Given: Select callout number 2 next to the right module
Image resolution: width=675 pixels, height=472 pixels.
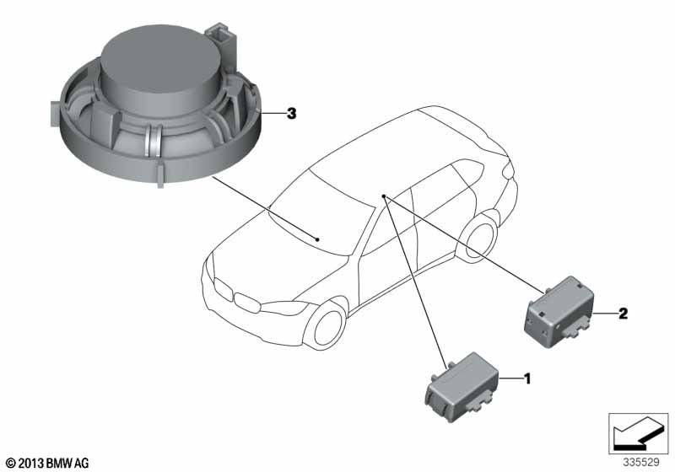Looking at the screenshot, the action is pyautogui.click(x=623, y=314).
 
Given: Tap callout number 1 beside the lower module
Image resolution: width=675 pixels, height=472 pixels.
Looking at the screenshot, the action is pyautogui.click(x=526, y=378).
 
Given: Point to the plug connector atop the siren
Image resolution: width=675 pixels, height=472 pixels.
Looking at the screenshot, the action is pyautogui.click(x=221, y=35).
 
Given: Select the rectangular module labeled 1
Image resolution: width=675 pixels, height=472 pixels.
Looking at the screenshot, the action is pyautogui.click(x=462, y=386).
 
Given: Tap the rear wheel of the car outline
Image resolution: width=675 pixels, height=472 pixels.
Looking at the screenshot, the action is pyautogui.click(x=478, y=237).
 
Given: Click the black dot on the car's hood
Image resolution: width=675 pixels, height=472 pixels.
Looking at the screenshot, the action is pyautogui.click(x=317, y=239).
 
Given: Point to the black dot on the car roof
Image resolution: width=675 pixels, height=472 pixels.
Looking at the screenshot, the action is pyautogui.click(x=384, y=196).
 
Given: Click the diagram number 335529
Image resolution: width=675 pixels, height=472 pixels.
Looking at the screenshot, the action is pyautogui.click(x=641, y=463).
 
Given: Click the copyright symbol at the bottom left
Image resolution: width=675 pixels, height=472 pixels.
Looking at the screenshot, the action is pyautogui.click(x=11, y=464).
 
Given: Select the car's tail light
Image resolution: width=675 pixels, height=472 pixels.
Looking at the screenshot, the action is pyautogui.click(x=509, y=170).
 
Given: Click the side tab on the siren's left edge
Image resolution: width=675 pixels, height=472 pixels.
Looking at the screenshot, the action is pyautogui.click(x=55, y=114).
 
